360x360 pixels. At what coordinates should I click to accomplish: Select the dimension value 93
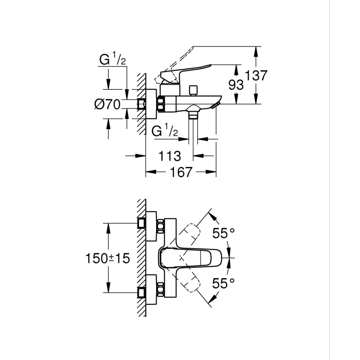coord(238,84)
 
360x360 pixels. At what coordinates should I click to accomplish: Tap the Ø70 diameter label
coord(107,105)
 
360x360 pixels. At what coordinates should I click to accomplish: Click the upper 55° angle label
coord(224,233)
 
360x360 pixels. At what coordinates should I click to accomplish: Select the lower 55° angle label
coord(224,283)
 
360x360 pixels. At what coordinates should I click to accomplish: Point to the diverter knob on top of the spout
coord(194,90)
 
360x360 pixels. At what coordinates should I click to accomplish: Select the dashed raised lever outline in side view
coord(180,58)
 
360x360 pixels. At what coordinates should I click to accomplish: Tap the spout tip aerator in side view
coord(217,103)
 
